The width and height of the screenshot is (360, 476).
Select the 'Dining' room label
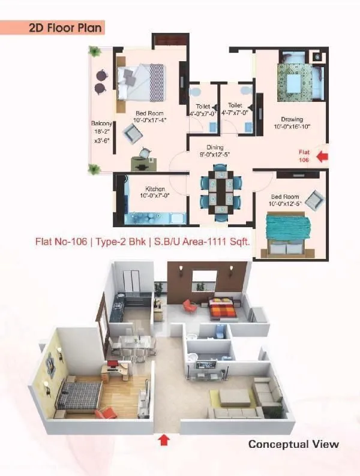click(x=215, y=147)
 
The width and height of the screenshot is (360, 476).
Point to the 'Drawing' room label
click(x=292, y=119)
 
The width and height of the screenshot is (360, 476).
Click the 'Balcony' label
click(x=101, y=124)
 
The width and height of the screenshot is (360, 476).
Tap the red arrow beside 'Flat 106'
click(x=322, y=156)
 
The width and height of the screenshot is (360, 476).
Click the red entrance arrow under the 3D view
click(x=163, y=441)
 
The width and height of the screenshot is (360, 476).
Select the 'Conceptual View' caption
click(x=293, y=444)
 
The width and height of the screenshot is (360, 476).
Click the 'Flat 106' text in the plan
click(x=305, y=156)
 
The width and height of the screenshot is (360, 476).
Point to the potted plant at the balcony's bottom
click(x=94, y=170)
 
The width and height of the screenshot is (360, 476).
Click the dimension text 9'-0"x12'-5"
click(x=215, y=155)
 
